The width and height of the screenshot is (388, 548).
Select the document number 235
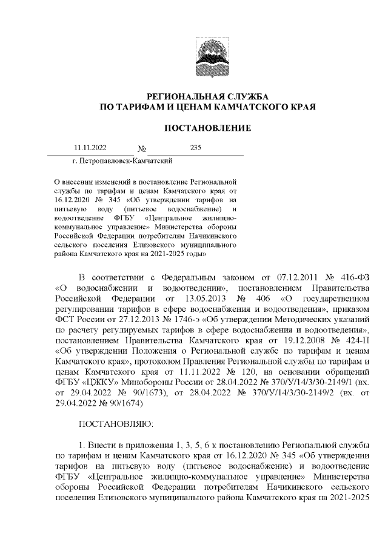(x=195, y=148)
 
